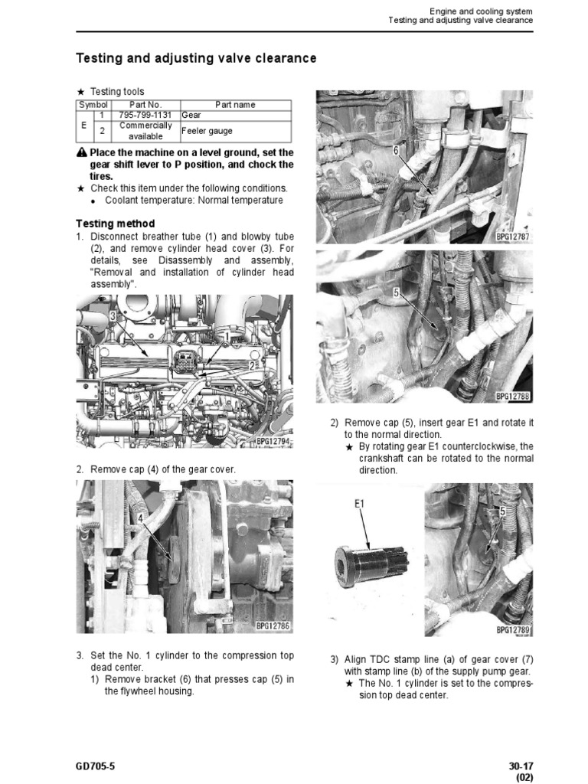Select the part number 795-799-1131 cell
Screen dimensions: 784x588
(x=145, y=115)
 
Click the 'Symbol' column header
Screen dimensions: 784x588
(x=93, y=104)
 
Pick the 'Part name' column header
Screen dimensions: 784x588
(x=235, y=104)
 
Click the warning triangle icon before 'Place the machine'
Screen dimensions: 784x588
(x=82, y=152)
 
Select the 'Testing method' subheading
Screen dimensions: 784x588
(x=115, y=224)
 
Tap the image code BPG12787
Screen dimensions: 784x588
(x=513, y=237)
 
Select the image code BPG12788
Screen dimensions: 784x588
(x=513, y=396)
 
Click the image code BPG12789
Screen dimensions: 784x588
(x=513, y=629)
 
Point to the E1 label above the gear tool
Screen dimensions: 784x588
(x=361, y=504)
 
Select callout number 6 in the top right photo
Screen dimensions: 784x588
(x=396, y=151)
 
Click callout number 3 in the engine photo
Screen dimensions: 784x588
(x=113, y=315)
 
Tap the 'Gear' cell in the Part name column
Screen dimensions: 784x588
(x=191, y=115)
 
